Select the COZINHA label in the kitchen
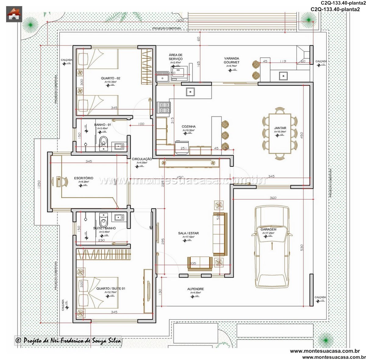188,126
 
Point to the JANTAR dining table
280,133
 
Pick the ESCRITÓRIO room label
84,178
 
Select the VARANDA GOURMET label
231,60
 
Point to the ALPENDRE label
196,289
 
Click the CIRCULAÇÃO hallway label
142,159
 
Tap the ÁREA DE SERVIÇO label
176,57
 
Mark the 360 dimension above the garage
273,198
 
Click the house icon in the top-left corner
14,14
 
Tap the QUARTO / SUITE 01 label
110,288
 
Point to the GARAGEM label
268,229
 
